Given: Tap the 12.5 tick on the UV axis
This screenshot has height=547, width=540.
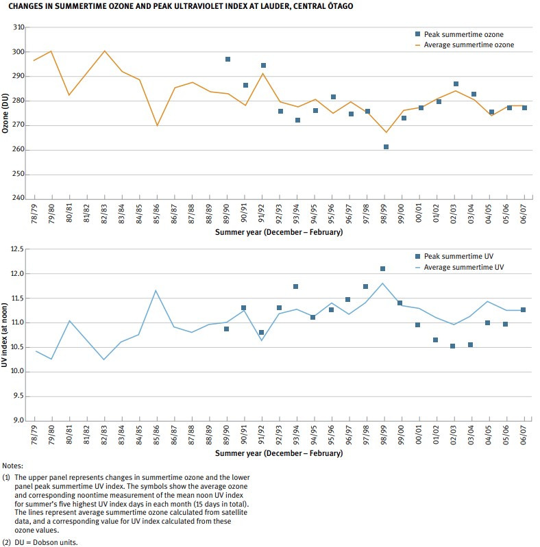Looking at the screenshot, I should pos(17,249).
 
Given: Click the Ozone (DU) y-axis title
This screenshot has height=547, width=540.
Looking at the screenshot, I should pos(6,113).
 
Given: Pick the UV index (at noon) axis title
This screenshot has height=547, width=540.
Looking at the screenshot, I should pos(6,335).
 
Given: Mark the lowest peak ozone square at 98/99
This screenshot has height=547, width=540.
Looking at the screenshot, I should pos(386,147).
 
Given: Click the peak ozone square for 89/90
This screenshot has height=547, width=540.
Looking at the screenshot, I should pos(228,60).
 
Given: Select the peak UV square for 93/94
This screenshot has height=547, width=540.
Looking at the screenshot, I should pos(295,287).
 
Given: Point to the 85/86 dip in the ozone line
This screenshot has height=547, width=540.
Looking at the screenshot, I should pos(157,125).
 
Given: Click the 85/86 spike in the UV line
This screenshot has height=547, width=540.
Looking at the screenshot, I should pos(156,290).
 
